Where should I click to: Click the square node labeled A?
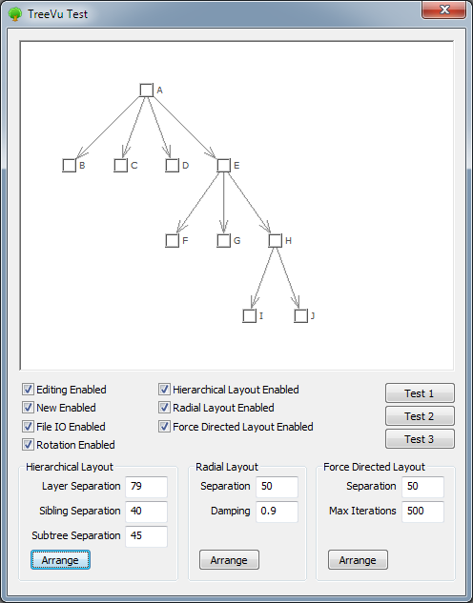[x=146, y=90]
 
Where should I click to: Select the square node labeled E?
[x=223, y=166]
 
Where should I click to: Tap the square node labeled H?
[x=276, y=241]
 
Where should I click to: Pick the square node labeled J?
[x=301, y=316]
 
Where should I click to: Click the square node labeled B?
[x=70, y=166]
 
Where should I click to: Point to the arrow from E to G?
[x=223, y=203]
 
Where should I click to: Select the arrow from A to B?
[x=108, y=128]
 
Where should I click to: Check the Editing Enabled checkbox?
[x=28, y=390]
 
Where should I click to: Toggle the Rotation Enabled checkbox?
[x=28, y=445]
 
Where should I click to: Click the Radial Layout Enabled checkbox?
[x=164, y=408]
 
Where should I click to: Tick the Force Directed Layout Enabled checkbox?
[x=164, y=426]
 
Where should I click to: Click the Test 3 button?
[x=420, y=439]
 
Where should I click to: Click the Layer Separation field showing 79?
[x=146, y=487]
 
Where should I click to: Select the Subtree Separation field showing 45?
[x=146, y=536]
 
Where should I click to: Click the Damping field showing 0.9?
[x=278, y=512]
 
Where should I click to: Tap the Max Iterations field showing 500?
[x=423, y=512]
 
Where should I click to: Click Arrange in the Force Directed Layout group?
[x=358, y=560]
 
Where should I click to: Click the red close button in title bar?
[x=444, y=10]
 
